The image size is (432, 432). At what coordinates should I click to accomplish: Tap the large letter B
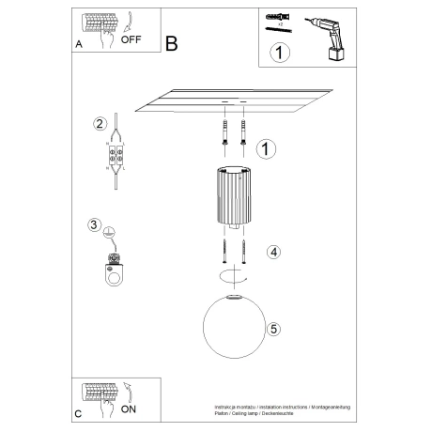click(x=171, y=43)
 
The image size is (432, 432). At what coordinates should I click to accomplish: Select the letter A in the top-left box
click(x=79, y=44)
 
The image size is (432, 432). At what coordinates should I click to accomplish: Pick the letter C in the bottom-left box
click(x=79, y=413)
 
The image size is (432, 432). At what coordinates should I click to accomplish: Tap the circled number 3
click(x=94, y=224)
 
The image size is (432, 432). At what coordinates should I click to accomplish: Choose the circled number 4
click(x=272, y=252)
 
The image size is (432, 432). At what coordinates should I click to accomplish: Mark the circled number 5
click(x=273, y=329)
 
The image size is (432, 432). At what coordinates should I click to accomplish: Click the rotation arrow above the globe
click(x=233, y=276)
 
